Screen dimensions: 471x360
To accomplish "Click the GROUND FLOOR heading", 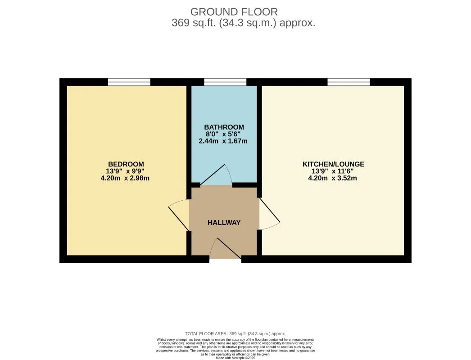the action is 234,12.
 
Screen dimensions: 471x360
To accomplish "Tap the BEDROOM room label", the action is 126,164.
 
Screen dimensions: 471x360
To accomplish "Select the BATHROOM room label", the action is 224,127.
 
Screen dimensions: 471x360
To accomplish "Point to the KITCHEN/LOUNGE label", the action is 333,164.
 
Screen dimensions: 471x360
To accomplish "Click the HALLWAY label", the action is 224,222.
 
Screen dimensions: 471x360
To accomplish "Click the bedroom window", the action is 129,82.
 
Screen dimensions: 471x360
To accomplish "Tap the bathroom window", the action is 225,82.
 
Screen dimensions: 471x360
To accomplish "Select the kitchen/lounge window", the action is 349,82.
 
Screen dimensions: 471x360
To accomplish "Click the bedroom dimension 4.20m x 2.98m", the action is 125,178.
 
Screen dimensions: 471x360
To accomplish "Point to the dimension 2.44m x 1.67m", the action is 223,141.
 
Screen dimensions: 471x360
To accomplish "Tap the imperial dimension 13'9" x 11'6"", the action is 332,171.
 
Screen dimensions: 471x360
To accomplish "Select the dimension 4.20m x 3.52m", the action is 332,178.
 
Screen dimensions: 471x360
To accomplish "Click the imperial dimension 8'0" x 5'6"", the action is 223,134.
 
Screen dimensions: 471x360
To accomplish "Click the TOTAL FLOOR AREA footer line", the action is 235,333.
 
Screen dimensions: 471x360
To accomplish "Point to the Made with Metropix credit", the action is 235,358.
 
